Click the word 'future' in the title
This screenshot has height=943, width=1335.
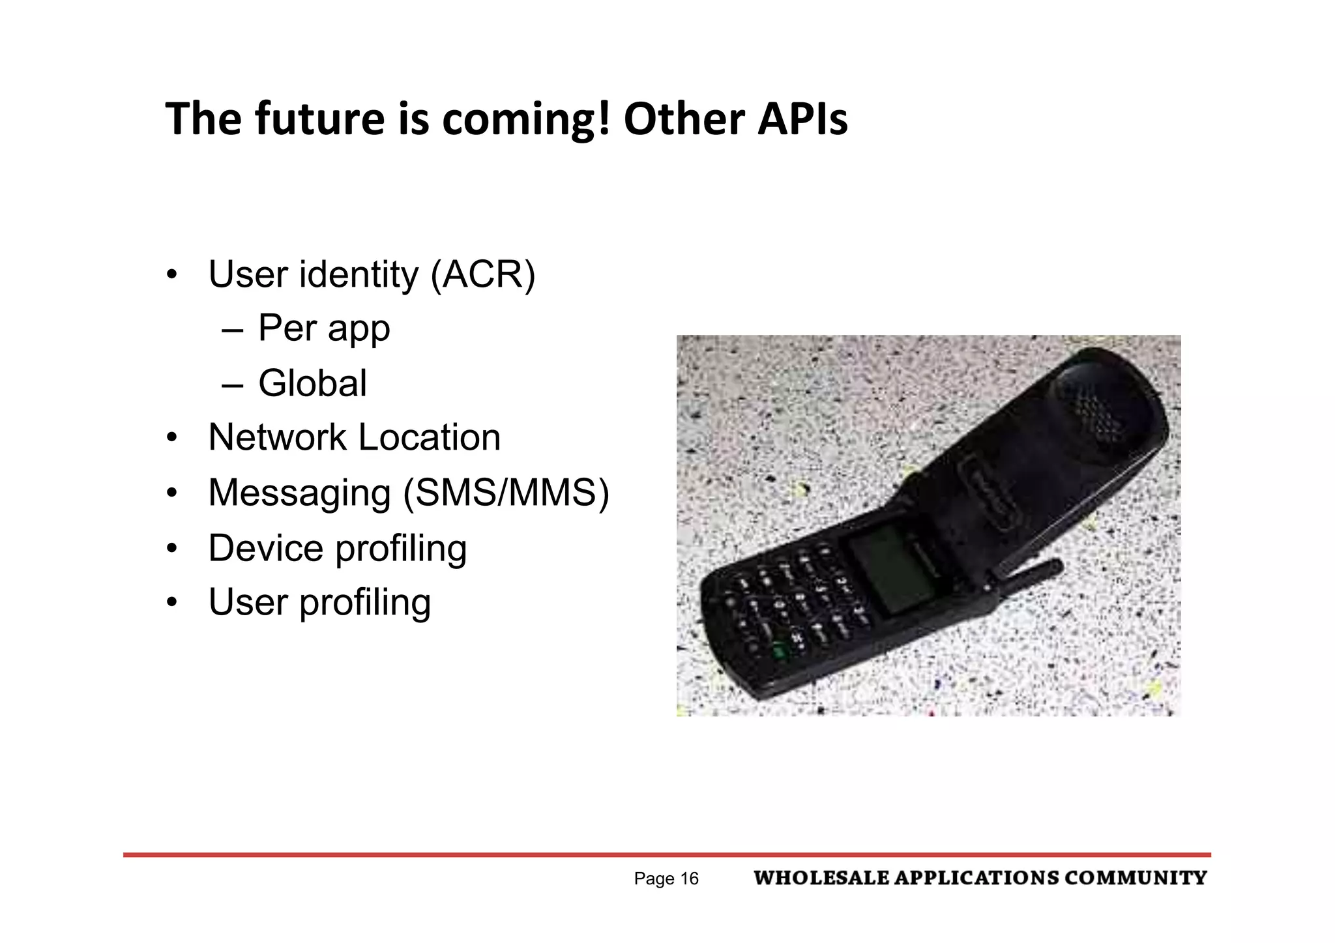click(x=319, y=119)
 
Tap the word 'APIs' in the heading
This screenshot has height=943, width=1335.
click(x=802, y=119)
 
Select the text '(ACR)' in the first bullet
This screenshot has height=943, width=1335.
click(x=482, y=274)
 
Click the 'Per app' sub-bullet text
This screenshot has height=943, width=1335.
click(x=324, y=328)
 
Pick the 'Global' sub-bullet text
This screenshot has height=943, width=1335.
click(x=312, y=383)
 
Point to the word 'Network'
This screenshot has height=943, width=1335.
click(x=277, y=437)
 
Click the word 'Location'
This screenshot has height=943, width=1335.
click(x=430, y=437)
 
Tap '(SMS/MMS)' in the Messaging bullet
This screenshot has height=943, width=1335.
click(x=506, y=493)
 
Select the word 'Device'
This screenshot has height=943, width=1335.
click(x=265, y=548)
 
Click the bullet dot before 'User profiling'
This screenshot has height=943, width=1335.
click(x=171, y=602)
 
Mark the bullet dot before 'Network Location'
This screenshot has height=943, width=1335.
click(x=171, y=437)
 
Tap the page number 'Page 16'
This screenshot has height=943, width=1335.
click(x=666, y=879)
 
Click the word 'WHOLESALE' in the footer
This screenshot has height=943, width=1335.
click(x=821, y=878)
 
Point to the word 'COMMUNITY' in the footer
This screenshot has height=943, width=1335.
click(x=1136, y=878)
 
